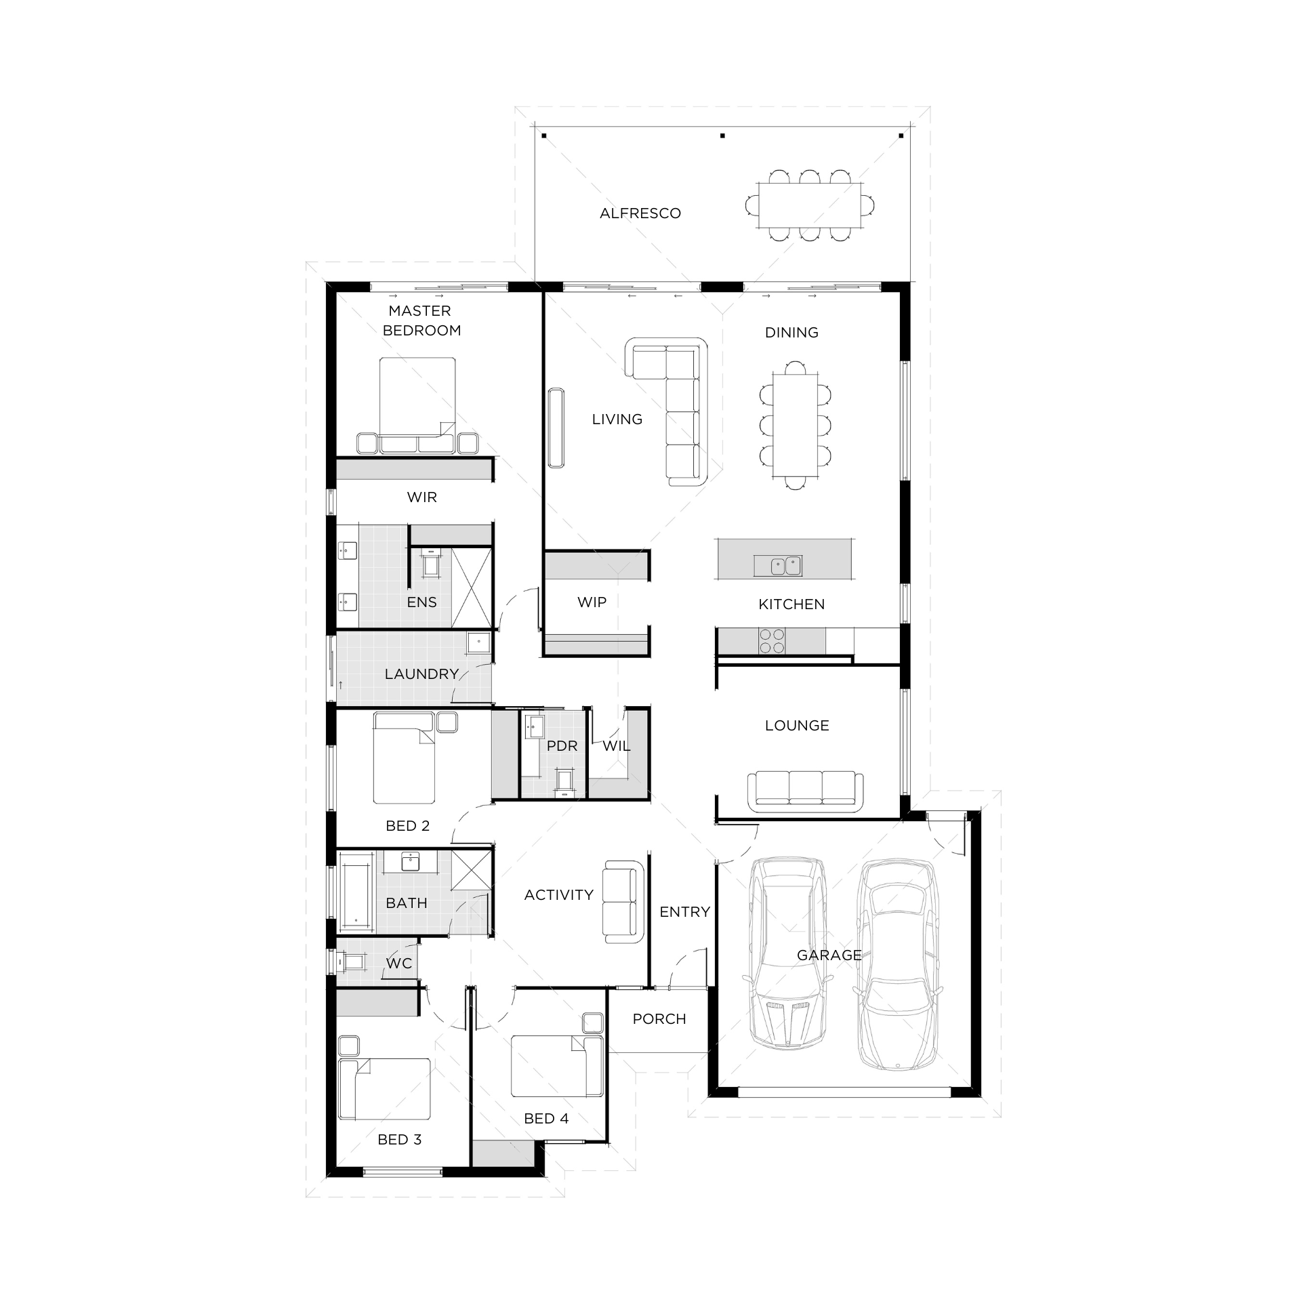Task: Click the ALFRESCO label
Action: tap(640, 213)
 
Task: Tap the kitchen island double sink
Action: tap(786, 565)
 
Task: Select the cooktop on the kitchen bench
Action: tap(771, 641)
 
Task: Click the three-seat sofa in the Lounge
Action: tap(806, 791)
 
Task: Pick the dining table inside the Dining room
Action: tap(796, 425)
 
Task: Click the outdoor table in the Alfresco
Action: tap(810, 205)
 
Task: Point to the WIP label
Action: tap(592, 602)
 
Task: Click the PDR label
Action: tap(562, 746)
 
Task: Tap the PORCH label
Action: tap(659, 1019)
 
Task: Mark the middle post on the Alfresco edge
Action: tap(722, 136)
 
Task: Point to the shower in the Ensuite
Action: tap(471, 588)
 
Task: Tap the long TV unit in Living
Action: tap(556, 428)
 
